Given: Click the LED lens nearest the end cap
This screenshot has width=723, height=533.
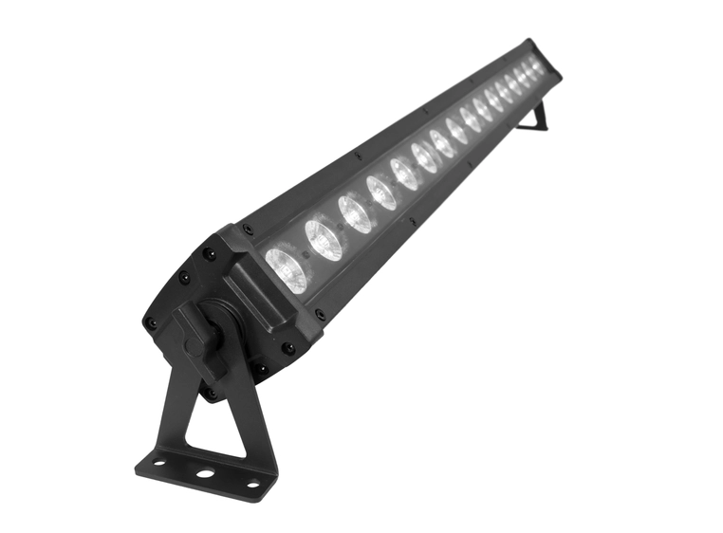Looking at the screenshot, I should [287, 267].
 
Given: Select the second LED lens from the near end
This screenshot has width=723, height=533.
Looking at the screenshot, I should [324, 240].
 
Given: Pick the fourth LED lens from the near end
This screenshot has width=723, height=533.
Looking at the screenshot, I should [382, 193].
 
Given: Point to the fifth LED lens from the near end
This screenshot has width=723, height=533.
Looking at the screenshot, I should [405, 174].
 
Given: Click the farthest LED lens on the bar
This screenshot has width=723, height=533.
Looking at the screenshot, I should [538, 67].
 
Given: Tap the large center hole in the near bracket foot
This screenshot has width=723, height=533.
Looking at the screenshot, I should [203, 471].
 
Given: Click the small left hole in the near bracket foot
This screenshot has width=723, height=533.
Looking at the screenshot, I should [158, 464].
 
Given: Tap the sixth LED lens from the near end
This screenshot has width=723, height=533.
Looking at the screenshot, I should [425, 157].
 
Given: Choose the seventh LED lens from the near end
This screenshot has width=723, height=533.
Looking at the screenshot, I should [442, 143].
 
